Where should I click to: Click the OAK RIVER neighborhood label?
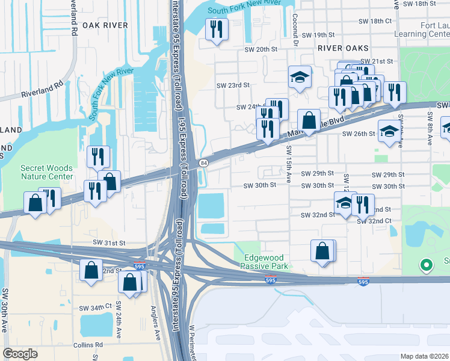pyautogui.click(x=105, y=25)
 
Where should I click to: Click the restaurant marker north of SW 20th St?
pyautogui.click(x=217, y=30)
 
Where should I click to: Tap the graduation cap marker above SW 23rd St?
pyautogui.click(x=299, y=78)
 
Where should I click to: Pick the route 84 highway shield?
pyautogui.click(x=204, y=163)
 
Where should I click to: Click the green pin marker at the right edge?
pyautogui.click(x=427, y=265)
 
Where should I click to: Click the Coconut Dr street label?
pyautogui.click(x=295, y=30)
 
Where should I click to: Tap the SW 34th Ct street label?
pyautogui.click(x=96, y=307)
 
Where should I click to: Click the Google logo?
pyautogui.click(x=20, y=353)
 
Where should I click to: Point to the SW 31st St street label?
pyautogui.click(x=109, y=242)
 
